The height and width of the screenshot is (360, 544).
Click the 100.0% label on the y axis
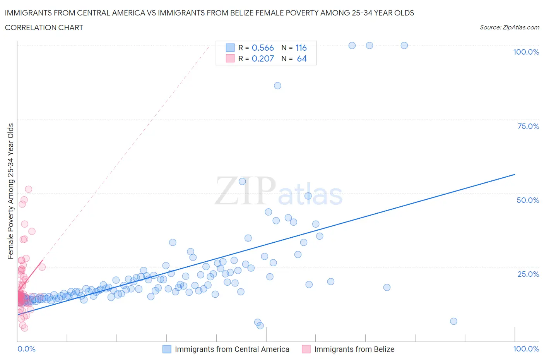526,52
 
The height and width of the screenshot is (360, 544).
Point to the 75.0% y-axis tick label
528,126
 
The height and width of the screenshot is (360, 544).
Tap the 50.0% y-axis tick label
528,200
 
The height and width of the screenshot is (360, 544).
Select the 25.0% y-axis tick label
528,274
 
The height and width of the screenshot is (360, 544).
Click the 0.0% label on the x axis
26,349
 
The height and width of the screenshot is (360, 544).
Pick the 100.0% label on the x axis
526,349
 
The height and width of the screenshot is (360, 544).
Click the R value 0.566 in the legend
263,48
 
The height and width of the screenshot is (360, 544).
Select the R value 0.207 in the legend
263,58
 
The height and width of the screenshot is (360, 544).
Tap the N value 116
301,48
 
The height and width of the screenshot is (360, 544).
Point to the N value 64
302,58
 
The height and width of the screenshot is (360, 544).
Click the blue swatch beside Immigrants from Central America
167,349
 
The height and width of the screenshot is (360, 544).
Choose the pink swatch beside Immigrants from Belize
306,349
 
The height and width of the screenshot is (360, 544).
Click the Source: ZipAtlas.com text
509,27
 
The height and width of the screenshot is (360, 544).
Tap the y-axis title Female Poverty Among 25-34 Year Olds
10,191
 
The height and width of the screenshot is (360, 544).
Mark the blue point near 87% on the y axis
277,86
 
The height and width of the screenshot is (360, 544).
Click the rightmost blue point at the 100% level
404,45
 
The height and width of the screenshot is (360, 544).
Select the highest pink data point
28,189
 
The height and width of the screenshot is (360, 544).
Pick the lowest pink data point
24,328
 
